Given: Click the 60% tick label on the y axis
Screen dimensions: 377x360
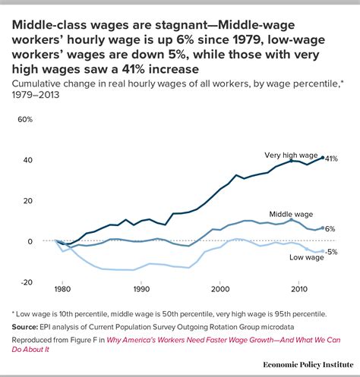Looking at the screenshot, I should pos(24,120).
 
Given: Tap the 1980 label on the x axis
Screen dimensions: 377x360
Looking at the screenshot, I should pos(63,290).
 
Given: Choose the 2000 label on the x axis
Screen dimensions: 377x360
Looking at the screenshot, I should pos(220,290).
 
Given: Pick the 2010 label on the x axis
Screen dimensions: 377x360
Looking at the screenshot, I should pos(298,290).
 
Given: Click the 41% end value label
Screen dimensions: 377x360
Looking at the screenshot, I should pos(333,159).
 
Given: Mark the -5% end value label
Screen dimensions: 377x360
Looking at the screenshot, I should pos(332,252).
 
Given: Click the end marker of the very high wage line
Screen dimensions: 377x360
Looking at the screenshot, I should pos(323,158).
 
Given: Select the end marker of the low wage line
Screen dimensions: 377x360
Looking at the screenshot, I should pos(323,251).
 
